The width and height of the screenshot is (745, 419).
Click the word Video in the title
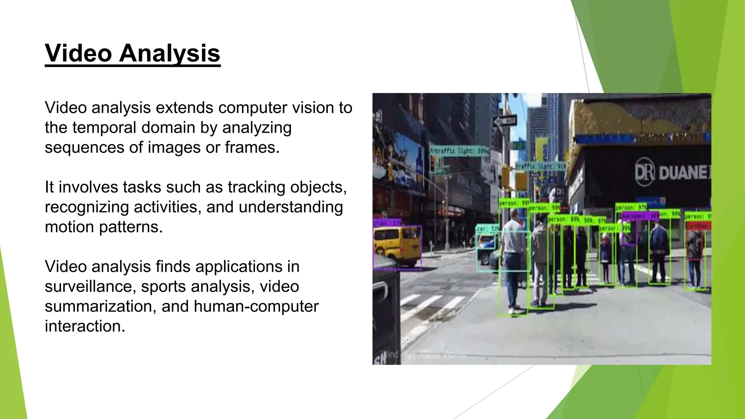78,53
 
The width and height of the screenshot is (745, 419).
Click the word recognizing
87,207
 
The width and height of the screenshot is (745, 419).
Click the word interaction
84,326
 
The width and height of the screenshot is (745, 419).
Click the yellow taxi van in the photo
397,246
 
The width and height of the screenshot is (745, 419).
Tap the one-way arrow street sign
505,121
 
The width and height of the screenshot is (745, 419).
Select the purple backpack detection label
640,216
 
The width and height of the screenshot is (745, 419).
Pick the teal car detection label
487,229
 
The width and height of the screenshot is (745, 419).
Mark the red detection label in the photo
698,226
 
